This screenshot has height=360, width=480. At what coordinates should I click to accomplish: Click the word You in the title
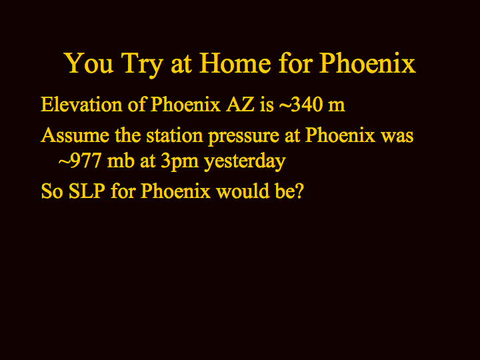tap(89, 63)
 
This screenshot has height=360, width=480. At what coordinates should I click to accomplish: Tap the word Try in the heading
tap(141, 65)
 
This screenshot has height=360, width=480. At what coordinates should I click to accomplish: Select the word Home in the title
tap(235, 63)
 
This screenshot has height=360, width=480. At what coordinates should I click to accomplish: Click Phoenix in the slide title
tap(367, 63)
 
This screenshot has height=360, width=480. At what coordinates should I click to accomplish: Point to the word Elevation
tap(81, 105)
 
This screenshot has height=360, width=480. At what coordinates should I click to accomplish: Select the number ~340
tap(301, 105)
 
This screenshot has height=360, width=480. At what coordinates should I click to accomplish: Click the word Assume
tap(75, 135)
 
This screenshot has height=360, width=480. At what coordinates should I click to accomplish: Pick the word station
tap(175, 135)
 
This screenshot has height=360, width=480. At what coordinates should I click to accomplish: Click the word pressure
tap(244, 137)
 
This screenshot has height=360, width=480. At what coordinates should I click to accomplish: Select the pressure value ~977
tap(80, 161)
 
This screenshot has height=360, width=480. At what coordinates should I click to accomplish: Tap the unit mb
tap(121, 161)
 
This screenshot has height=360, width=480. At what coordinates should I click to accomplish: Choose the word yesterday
tap(245, 161)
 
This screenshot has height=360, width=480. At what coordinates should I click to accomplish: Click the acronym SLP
tap(87, 191)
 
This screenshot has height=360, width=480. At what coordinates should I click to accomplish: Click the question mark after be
tap(299, 191)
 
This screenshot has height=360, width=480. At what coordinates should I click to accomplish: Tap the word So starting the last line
tap(52, 191)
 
